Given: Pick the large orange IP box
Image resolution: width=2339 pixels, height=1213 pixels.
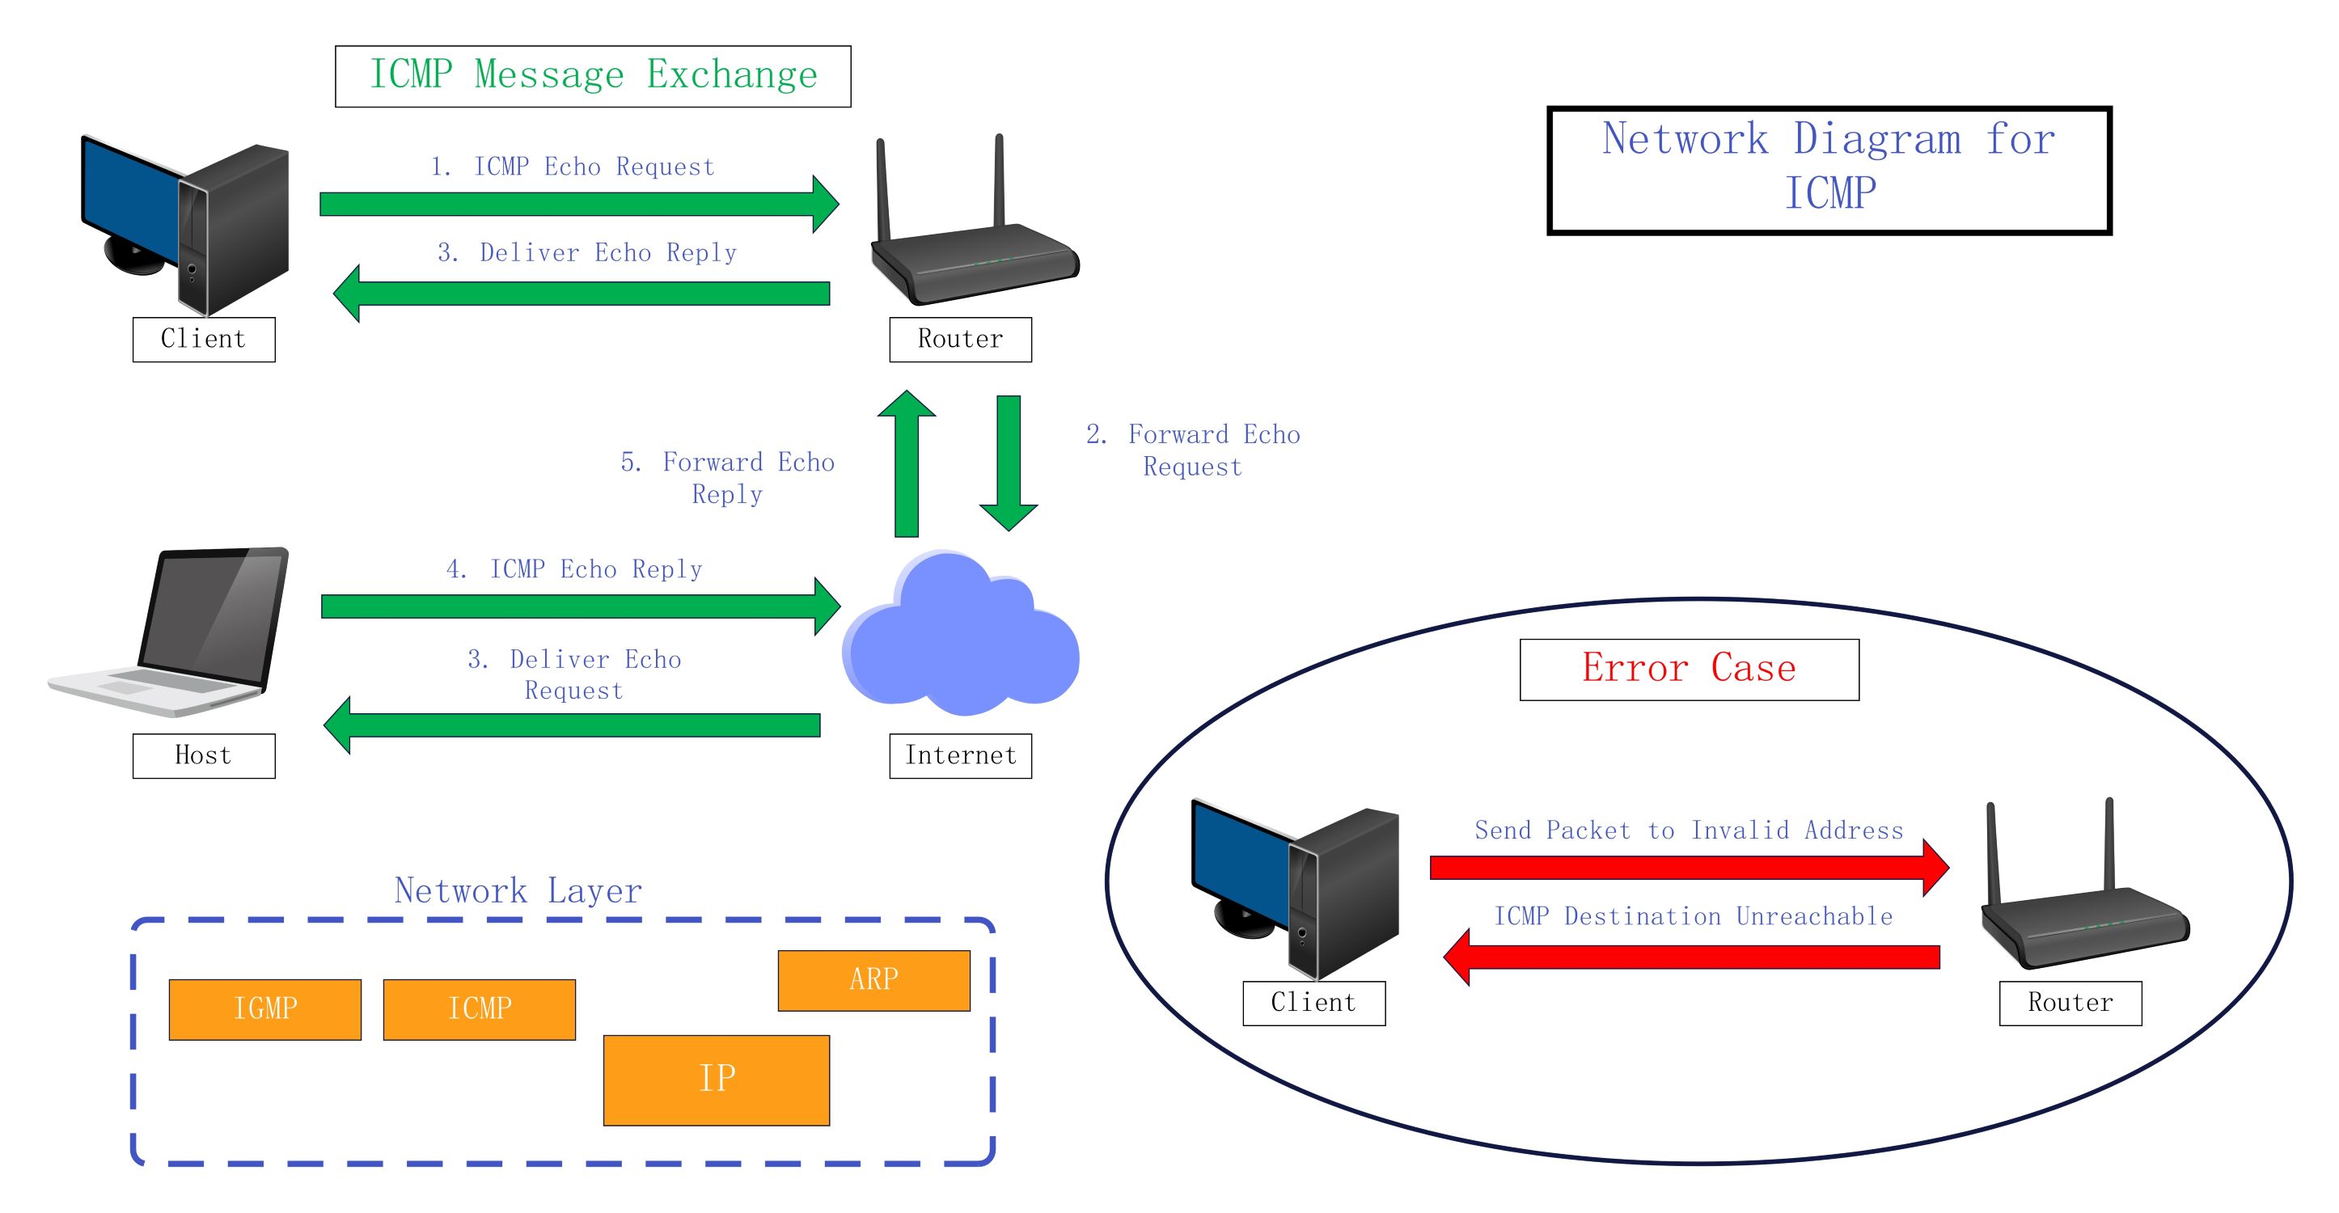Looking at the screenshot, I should [716, 1080].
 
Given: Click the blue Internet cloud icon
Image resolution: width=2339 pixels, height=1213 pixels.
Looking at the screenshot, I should [961, 636].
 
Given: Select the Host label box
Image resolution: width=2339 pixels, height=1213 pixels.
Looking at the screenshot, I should [203, 755].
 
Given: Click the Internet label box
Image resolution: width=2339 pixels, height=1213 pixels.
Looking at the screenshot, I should [960, 755].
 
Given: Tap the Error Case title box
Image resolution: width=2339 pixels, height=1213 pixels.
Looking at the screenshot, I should [1688, 669].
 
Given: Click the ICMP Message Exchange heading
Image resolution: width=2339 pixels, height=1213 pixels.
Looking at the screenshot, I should [592, 76].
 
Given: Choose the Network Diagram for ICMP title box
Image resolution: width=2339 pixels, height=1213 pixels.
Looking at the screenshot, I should [1828, 170].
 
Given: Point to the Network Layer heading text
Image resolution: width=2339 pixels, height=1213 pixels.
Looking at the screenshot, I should [518, 890].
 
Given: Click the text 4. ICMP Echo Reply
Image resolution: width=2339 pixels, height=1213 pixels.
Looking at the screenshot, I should [574, 569].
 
